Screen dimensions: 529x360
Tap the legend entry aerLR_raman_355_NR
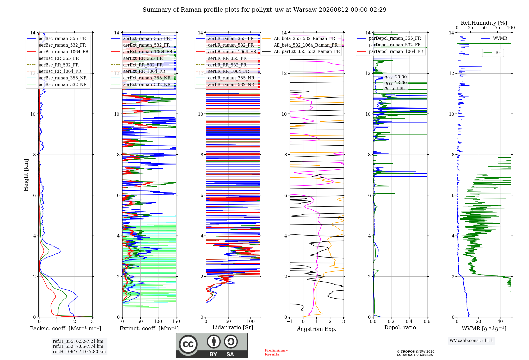225,78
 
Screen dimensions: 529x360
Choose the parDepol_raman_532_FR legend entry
389,45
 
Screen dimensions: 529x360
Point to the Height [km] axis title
26,175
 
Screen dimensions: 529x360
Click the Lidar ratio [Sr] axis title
233,327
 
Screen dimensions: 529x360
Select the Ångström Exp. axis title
317,329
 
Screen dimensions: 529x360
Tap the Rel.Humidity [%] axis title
484,23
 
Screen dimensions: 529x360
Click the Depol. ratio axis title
400,327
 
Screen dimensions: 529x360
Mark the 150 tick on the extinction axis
176,321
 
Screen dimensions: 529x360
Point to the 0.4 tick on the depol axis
409,321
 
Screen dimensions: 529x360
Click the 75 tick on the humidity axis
498,28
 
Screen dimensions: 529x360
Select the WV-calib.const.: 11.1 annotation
471,340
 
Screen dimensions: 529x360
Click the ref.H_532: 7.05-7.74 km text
78,346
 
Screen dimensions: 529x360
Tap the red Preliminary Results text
276,352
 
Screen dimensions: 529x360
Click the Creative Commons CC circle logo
188,344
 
